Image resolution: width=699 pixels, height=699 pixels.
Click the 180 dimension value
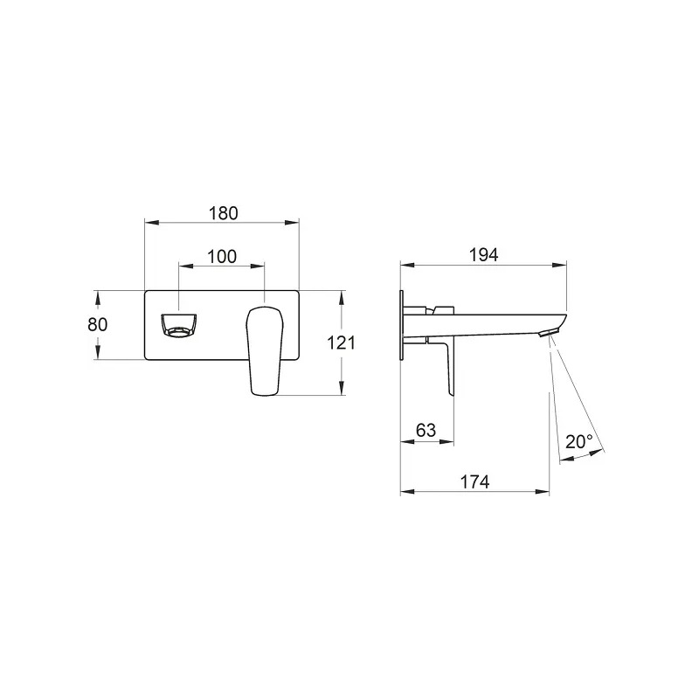click(224, 213)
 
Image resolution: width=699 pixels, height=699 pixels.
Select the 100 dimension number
click(222, 257)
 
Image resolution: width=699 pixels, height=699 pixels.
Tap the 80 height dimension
click(98, 324)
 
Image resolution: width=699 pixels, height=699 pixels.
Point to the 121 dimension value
click(341, 343)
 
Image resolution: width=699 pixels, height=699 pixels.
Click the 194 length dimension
click(484, 255)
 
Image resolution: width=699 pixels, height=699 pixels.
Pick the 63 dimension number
click(426, 430)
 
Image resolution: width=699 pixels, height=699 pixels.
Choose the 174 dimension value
click(474, 482)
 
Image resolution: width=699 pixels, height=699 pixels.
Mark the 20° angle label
click(579, 442)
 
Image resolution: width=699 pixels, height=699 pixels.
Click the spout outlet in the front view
click(178, 325)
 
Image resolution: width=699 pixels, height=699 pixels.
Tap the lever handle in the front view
click(264, 350)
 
